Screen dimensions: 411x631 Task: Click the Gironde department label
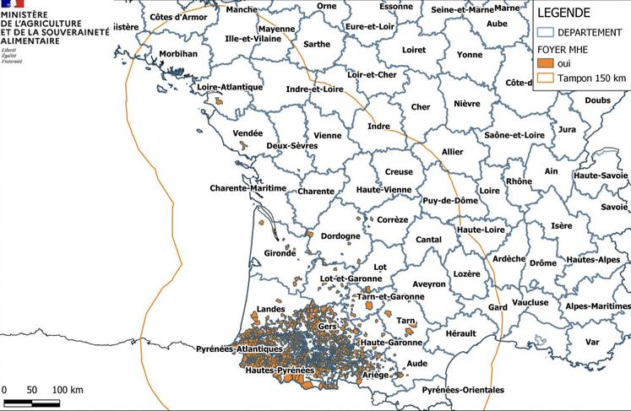click(x=280, y=252)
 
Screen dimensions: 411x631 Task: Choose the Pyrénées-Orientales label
click(x=463, y=390)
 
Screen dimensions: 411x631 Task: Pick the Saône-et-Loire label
click(x=514, y=135)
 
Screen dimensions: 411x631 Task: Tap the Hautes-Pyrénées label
click(x=280, y=370)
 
